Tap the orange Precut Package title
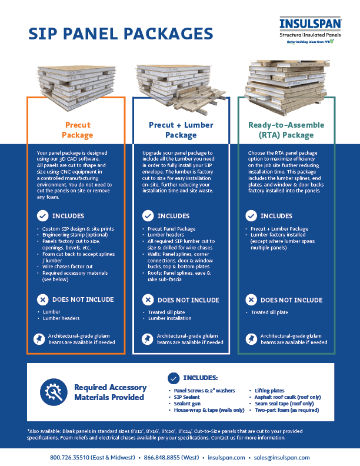pos(78,130)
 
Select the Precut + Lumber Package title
pos(181,130)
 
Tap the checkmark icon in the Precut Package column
pos(42,216)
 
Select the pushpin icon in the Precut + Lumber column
pos(146,339)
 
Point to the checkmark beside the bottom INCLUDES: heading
pos(174,378)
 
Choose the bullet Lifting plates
pos(271,390)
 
